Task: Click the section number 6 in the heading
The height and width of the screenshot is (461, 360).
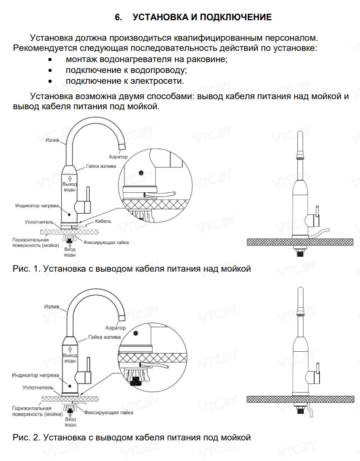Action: click(x=118, y=17)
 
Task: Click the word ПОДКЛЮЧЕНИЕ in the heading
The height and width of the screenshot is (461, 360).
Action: click(x=236, y=17)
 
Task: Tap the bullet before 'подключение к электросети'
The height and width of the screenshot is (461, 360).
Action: click(x=50, y=81)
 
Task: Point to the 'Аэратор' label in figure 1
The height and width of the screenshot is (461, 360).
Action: click(x=118, y=157)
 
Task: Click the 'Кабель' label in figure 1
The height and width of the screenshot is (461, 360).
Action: click(x=103, y=221)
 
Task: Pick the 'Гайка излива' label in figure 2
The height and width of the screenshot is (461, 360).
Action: click(x=104, y=337)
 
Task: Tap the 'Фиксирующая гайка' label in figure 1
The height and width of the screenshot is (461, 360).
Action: click(x=106, y=242)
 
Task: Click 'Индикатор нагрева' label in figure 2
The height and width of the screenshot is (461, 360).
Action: click(x=35, y=375)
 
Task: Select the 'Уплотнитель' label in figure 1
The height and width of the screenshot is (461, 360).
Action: click(x=39, y=222)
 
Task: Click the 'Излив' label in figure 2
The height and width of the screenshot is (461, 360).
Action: click(x=52, y=307)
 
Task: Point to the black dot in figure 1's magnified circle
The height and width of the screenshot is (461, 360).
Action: click(x=141, y=173)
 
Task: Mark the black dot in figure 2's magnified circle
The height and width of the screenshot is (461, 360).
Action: click(x=136, y=333)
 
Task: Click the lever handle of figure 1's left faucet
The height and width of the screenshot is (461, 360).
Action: click(x=88, y=196)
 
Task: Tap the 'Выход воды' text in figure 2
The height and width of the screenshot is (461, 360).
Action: click(x=70, y=358)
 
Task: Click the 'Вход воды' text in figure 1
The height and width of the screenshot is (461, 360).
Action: click(x=70, y=252)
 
